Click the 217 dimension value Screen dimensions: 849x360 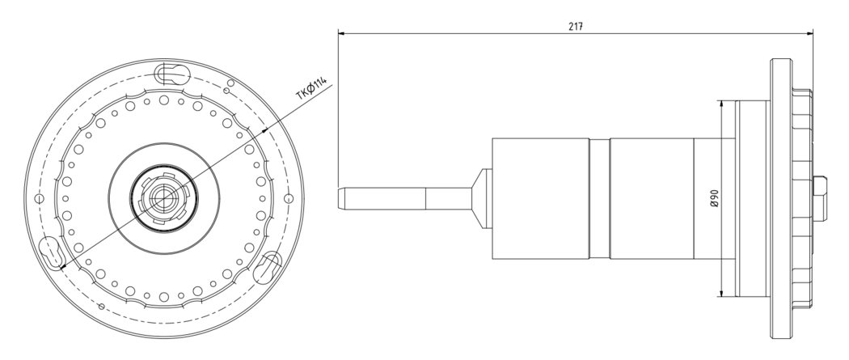576,26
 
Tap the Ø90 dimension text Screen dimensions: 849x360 714,199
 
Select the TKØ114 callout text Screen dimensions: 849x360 311,88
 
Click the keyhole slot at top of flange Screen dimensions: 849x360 171,74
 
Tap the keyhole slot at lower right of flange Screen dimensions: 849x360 268,266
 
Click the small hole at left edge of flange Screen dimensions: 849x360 39,199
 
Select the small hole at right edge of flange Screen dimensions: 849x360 288,199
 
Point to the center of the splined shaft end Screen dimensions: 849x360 163,199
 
